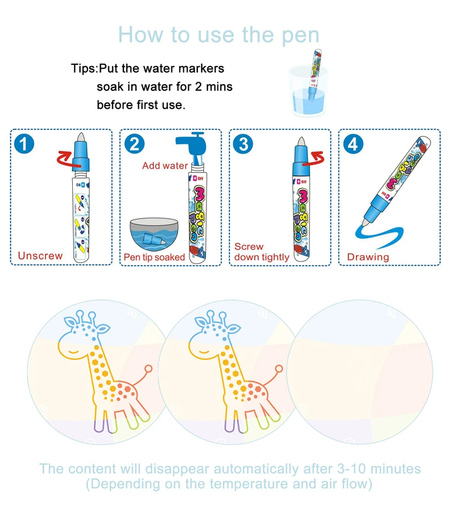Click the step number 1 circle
coord(24,144)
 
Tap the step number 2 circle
coord(134,144)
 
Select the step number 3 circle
coord(243,144)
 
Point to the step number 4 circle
coord(352,144)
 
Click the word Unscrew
coord(40,256)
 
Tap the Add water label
coord(165,165)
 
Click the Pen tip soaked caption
coord(154,257)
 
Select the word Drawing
coord(368,257)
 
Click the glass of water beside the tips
coord(307,91)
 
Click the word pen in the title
coord(297,35)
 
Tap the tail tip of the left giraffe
coord(149,369)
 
